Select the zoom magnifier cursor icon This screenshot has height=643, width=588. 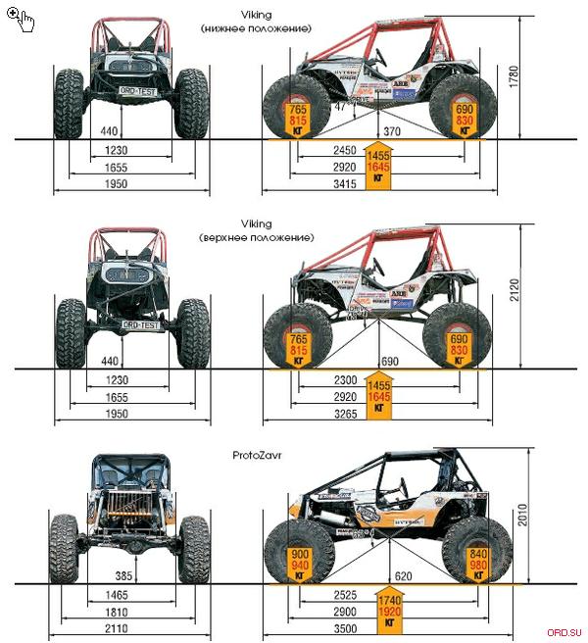(x=20, y=18)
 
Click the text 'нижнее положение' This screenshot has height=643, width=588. (x=255, y=29)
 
